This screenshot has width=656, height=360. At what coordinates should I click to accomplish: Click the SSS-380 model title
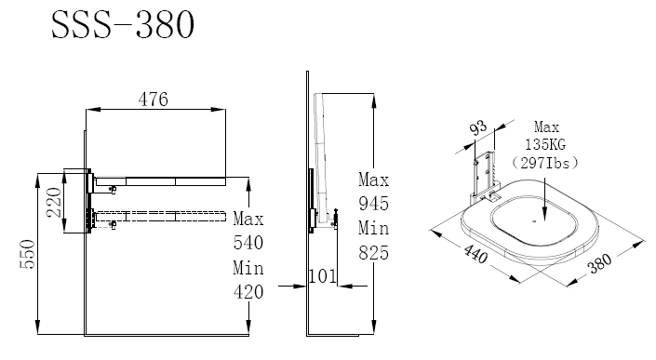pos(123,25)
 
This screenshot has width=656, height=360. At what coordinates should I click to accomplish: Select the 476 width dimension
pos(154,100)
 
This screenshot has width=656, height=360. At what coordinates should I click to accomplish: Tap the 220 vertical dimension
pos(54,202)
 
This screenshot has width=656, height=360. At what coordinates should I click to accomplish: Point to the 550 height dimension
pos(27,254)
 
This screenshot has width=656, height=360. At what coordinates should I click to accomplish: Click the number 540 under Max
pos(248,243)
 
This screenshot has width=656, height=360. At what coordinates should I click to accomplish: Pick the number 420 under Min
pos(248,292)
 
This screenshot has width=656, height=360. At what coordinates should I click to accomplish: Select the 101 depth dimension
pos(322,276)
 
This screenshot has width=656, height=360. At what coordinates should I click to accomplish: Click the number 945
pos(374,204)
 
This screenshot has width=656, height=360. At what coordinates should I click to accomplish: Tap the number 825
pos(374,253)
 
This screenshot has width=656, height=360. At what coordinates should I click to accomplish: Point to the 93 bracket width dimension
pos(478,128)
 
